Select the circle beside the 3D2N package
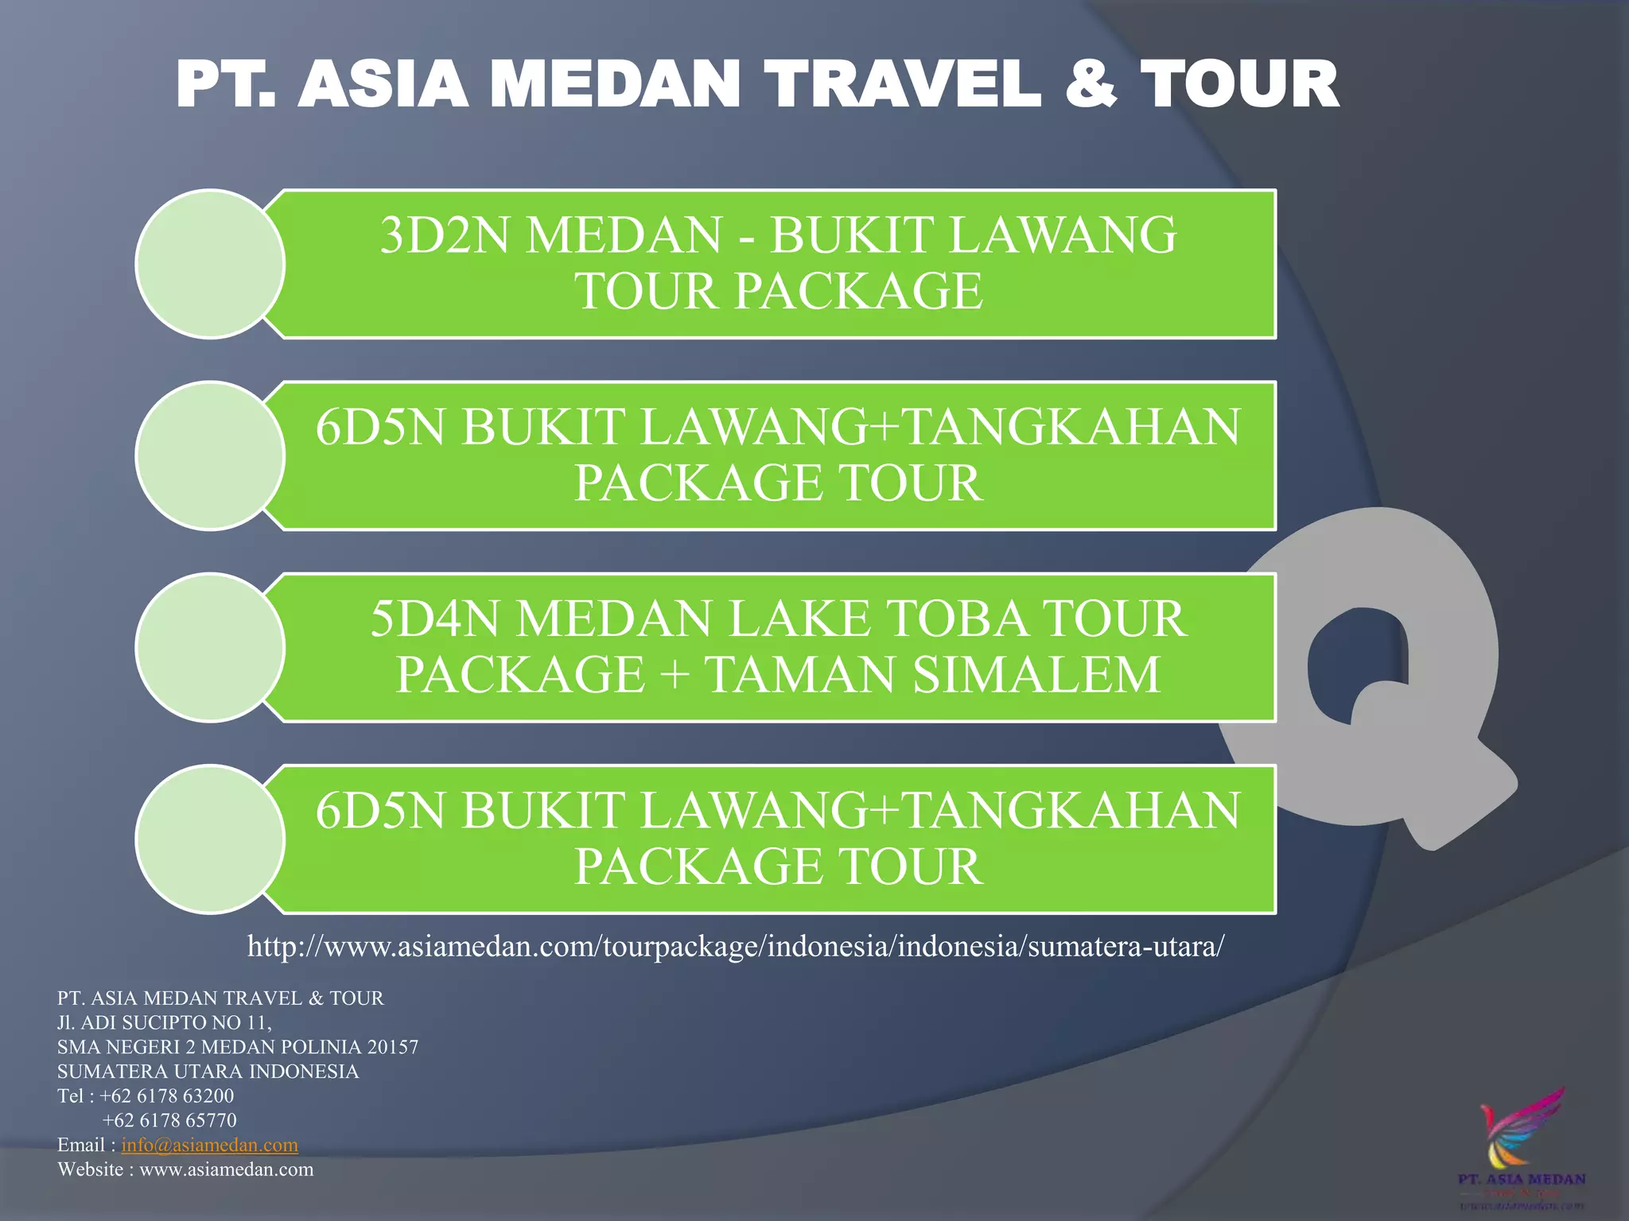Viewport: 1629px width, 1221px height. [211, 264]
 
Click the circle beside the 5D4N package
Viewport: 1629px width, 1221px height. [211, 648]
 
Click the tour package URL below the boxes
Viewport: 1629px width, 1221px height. [736, 946]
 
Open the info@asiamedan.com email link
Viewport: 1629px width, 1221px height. [210, 1145]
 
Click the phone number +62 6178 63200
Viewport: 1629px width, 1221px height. [167, 1095]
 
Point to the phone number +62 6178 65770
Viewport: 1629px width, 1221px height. [169, 1120]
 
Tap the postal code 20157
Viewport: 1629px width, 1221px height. [393, 1047]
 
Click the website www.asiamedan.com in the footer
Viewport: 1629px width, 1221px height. [227, 1169]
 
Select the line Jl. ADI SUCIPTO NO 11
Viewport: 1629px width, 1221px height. [165, 1022]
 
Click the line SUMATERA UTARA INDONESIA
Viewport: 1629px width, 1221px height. [208, 1072]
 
